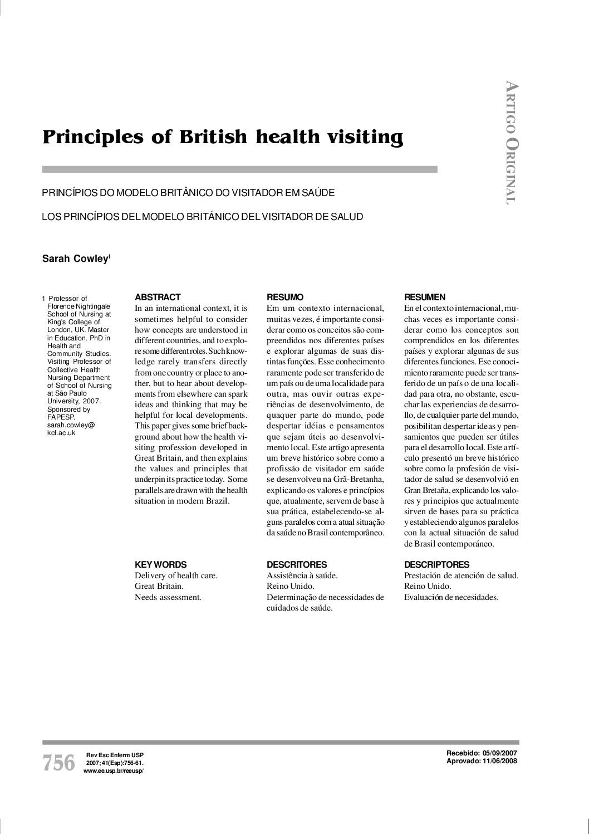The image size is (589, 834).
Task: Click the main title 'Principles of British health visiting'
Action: (x=223, y=137)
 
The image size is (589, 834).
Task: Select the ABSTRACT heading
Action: (x=158, y=297)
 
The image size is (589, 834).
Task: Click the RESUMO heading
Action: (x=285, y=297)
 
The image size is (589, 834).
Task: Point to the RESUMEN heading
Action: (x=425, y=297)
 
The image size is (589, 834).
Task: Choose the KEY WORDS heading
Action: (x=161, y=564)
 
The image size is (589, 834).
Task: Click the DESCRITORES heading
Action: (x=297, y=564)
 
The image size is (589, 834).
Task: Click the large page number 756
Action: (x=58, y=763)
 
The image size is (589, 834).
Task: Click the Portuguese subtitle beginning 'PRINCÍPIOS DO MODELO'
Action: (x=188, y=193)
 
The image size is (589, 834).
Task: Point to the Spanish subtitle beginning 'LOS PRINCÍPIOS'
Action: (x=203, y=216)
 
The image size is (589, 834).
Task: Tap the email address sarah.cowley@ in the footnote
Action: (x=71, y=425)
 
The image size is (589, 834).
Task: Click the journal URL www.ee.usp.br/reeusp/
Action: (x=113, y=770)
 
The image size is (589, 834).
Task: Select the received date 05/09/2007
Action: (x=500, y=753)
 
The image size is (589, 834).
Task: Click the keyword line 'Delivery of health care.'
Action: (x=176, y=575)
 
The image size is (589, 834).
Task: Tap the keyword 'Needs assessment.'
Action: (x=168, y=597)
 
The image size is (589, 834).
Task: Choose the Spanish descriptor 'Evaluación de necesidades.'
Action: (x=451, y=597)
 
